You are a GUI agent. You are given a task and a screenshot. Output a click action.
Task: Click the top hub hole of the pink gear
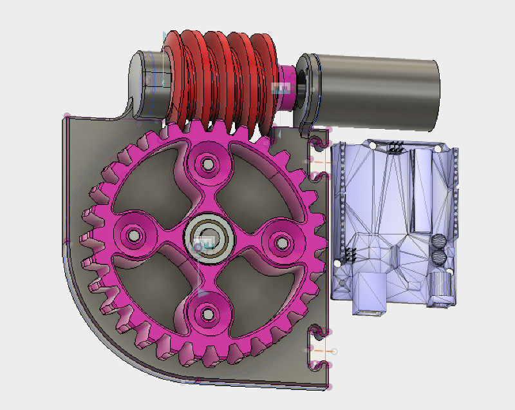[x=208, y=164]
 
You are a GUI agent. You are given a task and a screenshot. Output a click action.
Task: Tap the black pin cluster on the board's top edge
[x=395, y=148]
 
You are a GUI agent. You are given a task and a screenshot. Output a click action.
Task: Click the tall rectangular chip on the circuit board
[x=422, y=190]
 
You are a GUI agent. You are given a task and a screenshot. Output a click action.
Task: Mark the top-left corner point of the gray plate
[x=66, y=117]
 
